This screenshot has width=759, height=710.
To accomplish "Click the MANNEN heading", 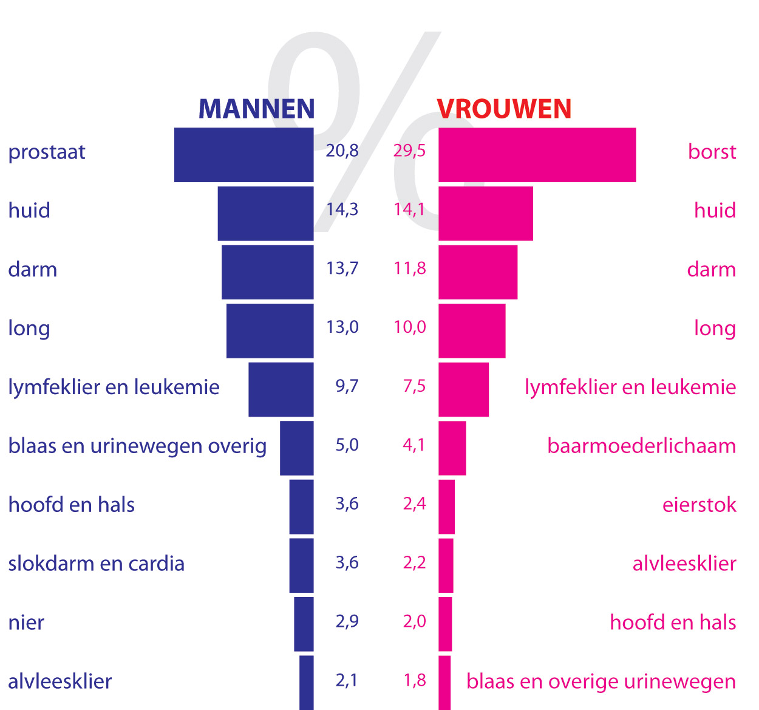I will (x=256, y=109).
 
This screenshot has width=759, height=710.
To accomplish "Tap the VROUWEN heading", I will (x=504, y=109).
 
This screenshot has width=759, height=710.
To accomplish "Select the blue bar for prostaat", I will (x=243, y=155).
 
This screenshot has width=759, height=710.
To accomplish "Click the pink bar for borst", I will (x=537, y=155).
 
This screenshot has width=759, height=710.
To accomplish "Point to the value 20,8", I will (x=342, y=151).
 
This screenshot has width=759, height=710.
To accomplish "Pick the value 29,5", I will (x=409, y=151).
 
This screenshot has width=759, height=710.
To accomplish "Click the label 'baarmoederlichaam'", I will (x=641, y=446).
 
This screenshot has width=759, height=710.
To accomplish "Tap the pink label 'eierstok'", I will (x=699, y=505).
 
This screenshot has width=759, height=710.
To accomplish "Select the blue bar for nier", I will (x=304, y=624).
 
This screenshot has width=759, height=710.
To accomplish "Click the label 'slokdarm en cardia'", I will (x=96, y=564).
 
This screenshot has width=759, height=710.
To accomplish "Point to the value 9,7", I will (x=347, y=386).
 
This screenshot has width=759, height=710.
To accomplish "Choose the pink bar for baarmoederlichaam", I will (x=452, y=448).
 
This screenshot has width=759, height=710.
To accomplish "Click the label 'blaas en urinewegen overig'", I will (x=137, y=446).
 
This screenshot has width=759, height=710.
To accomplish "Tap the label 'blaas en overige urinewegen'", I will (x=601, y=681).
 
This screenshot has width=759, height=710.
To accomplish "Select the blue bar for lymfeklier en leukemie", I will (x=281, y=389).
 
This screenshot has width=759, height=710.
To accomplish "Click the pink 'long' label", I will (x=715, y=329).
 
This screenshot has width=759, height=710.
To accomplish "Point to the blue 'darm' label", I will (x=32, y=269).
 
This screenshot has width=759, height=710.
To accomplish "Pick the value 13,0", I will (x=342, y=327).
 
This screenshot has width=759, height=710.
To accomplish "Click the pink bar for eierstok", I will (x=446, y=507).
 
